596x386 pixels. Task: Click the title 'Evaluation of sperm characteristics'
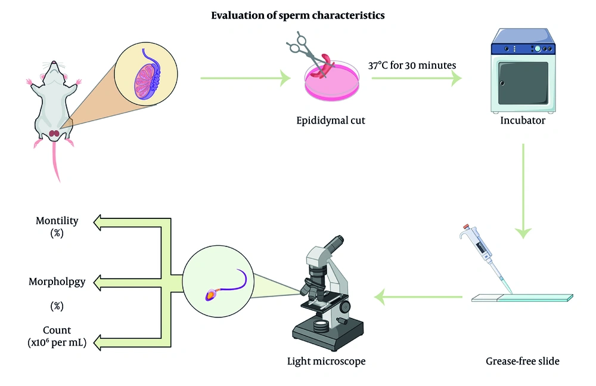[297, 16]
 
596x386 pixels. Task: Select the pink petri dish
[332, 82]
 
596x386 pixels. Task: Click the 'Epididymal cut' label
[331, 121]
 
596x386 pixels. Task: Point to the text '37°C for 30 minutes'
[412, 66]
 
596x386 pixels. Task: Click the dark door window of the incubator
[523, 84]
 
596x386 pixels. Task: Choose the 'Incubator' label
[523, 121]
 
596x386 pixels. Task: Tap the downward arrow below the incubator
[523, 191]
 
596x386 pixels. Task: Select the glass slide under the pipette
[522, 298]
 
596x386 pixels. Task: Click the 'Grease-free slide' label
[523, 361]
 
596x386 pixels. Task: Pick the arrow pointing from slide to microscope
[418, 297]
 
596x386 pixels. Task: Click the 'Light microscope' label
[326, 361]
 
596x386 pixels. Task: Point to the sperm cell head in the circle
[212, 295]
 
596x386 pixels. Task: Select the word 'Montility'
[57, 221]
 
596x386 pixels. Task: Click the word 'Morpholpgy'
[57, 282]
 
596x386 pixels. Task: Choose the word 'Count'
[57, 330]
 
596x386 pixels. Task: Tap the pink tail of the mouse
[55, 162]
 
